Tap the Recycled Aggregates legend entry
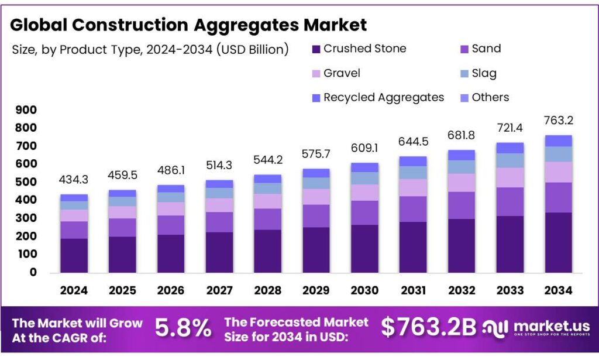click(378, 97)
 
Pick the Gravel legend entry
click(336, 73)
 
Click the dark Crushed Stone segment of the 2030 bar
click(364, 248)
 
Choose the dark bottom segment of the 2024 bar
click(74, 255)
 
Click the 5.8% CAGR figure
click(183, 328)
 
